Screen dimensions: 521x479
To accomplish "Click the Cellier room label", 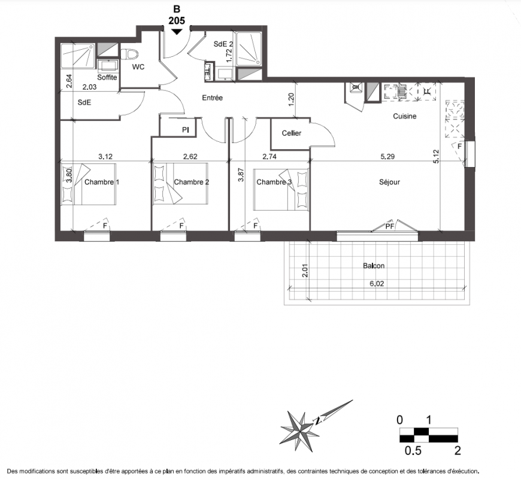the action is (292, 133).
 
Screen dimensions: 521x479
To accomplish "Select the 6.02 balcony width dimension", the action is (377, 284).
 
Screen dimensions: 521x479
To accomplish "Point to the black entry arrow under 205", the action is (177, 32).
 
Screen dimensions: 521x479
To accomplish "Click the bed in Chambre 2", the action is (181, 183).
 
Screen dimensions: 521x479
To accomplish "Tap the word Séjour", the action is (389, 182).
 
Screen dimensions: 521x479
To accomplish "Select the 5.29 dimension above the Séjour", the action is (387, 156).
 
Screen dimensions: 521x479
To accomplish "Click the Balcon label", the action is (374, 266).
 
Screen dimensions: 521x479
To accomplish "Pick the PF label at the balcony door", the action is (390, 226).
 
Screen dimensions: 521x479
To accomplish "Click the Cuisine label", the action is (405, 116).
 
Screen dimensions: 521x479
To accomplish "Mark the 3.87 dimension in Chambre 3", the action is (241, 175).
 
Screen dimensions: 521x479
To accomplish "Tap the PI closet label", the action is (186, 130).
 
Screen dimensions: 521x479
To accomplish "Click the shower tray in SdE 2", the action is (249, 49).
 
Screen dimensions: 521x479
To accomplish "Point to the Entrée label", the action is (213, 98).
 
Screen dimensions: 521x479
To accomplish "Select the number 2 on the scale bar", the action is (458, 451).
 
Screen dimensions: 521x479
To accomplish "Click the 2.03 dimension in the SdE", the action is (89, 87).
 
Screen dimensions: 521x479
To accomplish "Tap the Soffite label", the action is (107, 77).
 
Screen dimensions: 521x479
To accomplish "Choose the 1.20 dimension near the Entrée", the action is (292, 99).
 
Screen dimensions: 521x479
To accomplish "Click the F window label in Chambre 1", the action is (105, 226).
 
